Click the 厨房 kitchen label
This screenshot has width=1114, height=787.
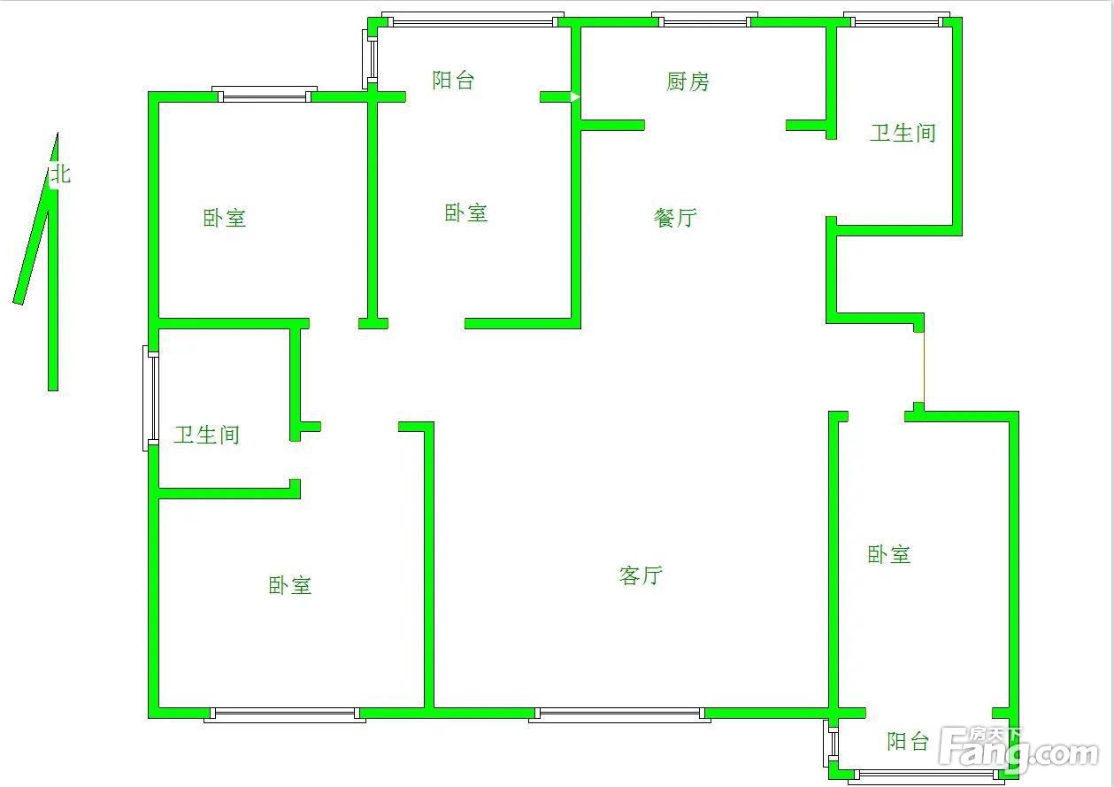688,81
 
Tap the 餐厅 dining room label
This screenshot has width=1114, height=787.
675,218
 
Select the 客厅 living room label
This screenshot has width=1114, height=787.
641,575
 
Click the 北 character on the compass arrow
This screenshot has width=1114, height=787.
61,174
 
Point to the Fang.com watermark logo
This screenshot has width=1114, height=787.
1019,751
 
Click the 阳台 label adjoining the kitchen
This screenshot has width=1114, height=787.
453,80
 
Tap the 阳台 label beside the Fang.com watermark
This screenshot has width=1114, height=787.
908,741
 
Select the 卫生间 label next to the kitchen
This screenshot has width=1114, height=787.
903,133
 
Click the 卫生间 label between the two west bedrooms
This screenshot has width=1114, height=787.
206,435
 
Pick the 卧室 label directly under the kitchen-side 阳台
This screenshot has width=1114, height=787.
466,213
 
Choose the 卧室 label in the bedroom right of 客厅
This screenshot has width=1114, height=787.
888,554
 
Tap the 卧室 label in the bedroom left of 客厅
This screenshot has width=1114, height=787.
290,585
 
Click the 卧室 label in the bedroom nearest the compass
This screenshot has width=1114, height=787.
224,218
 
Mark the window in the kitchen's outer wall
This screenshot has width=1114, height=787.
704,19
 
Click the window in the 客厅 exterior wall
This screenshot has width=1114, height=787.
619,714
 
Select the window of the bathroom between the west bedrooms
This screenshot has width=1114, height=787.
150,398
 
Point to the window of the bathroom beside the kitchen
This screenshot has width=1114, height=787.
896,19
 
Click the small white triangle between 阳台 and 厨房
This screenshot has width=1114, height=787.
575,97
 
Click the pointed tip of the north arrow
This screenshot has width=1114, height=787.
58,133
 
